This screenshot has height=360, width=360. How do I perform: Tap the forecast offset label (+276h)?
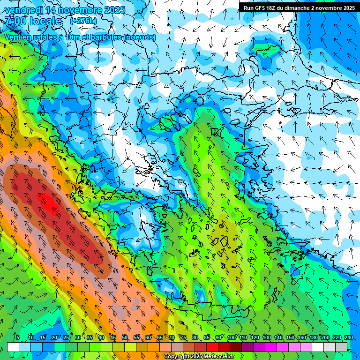click(83, 21)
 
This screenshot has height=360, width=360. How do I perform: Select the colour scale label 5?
click(18, 337)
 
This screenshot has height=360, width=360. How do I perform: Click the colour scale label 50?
click(125, 337)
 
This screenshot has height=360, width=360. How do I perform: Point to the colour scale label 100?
click(232, 337)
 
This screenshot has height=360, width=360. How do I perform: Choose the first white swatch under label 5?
click(13, 347)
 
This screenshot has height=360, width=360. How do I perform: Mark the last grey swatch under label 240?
click(341, 347)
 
